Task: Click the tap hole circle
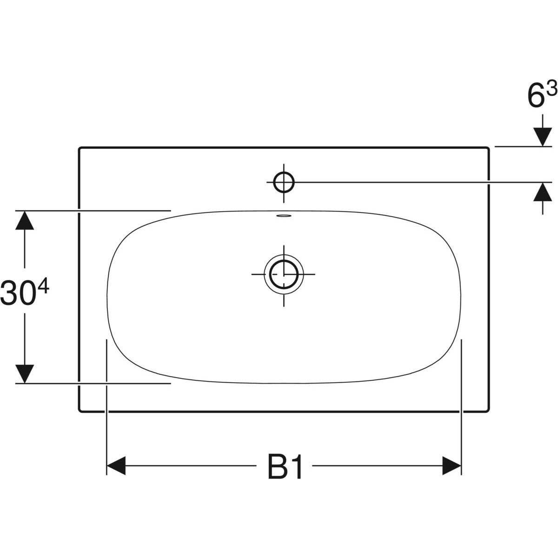(284, 182)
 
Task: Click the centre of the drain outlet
(284, 274)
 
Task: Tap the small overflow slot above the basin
(284, 215)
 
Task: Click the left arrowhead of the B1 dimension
(116, 466)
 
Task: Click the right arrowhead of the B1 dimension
(452, 466)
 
